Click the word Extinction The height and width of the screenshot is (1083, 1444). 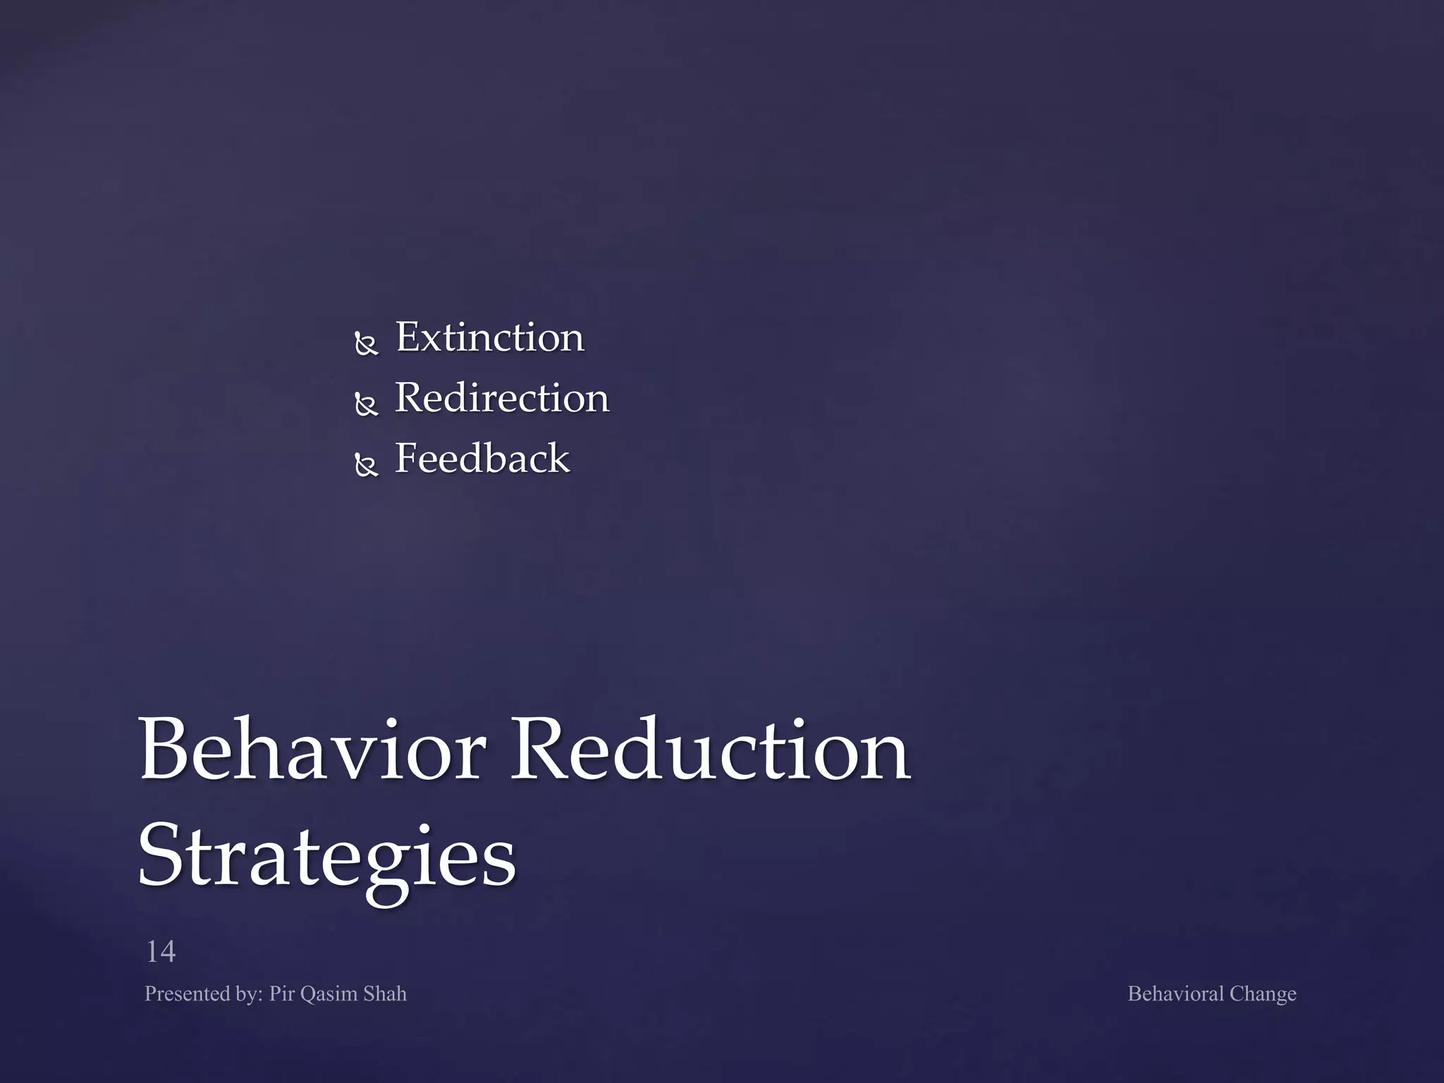pos(489,338)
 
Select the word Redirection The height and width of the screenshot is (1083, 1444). pos(501,398)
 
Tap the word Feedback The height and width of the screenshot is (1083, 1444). pos(482,459)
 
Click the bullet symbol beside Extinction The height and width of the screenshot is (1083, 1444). pos(367,344)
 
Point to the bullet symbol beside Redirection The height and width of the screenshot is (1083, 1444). pos(367,405)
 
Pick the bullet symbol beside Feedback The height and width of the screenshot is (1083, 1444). pos(367,465)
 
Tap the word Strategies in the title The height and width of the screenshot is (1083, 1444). pos(326,857)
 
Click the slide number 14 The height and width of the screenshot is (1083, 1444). pos(161,952)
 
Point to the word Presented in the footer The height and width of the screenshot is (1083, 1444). pos(186,994)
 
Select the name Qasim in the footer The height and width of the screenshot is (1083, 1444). pos(329,995)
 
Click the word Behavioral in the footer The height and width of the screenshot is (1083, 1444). pos(1175,994)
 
